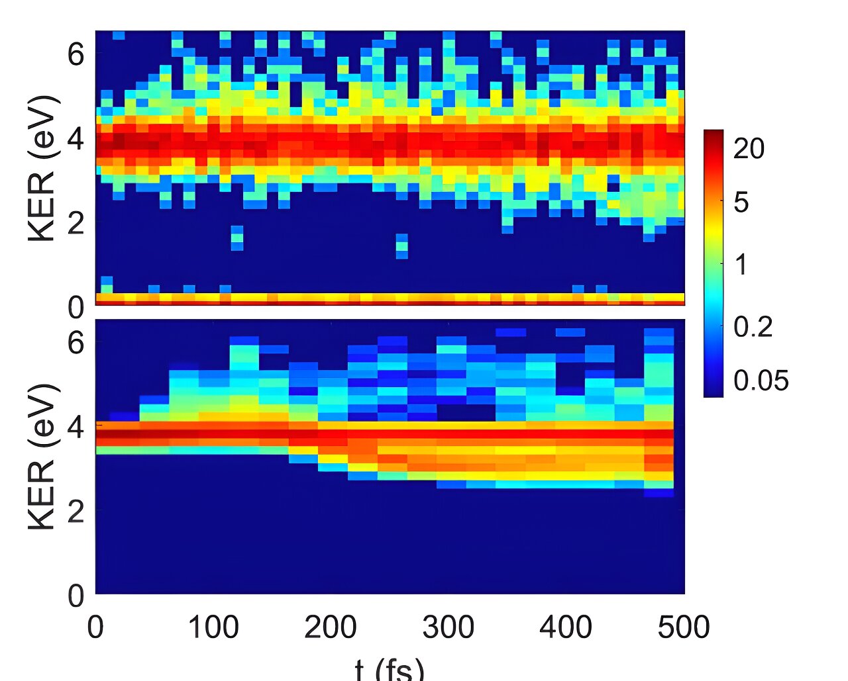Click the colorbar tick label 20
coord(749,149)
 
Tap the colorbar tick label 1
coord(741,265)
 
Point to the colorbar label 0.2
coord(753,326)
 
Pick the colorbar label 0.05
coord(761,381)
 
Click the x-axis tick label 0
coord(95,626)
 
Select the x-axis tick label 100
coord(213,626)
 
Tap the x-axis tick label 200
coord(331,626)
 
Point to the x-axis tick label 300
coord(449,626)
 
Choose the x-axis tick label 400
coord(566,626)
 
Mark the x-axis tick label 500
coord(683,626)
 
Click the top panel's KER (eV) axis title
coord(42,169)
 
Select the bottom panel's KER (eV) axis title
coord(42,457)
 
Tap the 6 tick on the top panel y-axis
coord(76,54)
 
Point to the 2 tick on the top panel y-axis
coord(76,223)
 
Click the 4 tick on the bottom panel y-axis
coord(76,427)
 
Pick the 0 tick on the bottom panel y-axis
coord(76,596)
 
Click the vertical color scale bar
coord(713,263)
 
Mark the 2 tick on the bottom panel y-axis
coord(76,511)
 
